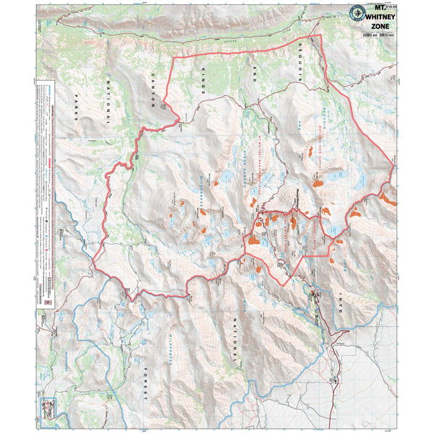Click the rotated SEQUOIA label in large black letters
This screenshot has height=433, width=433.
(302, 58)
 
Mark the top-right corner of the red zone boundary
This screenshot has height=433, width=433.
(320, 36)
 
